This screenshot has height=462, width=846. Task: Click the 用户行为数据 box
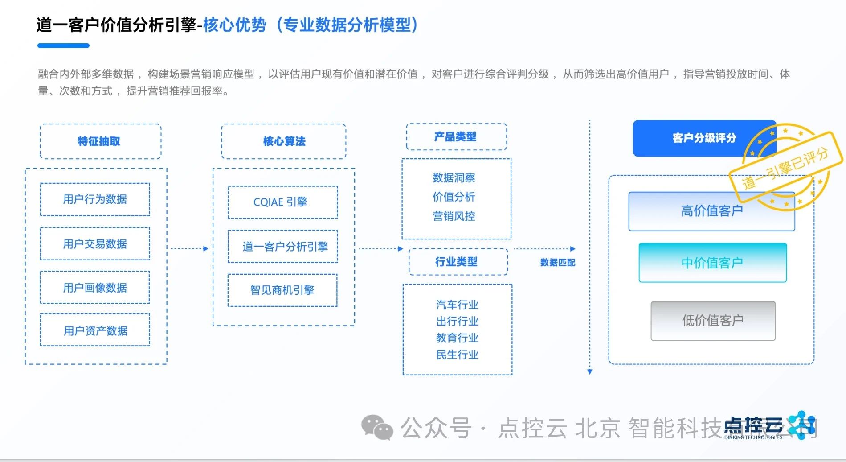95,199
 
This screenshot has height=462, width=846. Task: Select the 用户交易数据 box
95,244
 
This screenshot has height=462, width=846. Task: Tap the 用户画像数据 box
95,288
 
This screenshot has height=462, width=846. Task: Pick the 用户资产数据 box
95,330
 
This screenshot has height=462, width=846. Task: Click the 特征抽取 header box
100,141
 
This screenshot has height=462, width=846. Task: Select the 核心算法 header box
284,141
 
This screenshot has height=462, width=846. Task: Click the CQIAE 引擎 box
282,202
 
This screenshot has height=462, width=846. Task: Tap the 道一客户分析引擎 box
282,246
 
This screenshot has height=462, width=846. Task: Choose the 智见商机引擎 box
282,290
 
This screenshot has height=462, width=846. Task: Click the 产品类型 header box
456,136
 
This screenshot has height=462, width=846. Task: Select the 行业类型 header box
458,262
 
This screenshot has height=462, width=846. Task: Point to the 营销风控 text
454,216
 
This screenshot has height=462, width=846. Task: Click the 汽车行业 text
457,305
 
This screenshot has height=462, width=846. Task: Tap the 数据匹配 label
557,262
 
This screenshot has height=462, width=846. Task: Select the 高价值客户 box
711,211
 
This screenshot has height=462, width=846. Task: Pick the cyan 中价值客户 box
712,263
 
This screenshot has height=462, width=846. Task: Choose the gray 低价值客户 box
712,321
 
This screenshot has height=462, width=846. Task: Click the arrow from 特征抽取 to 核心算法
190,248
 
